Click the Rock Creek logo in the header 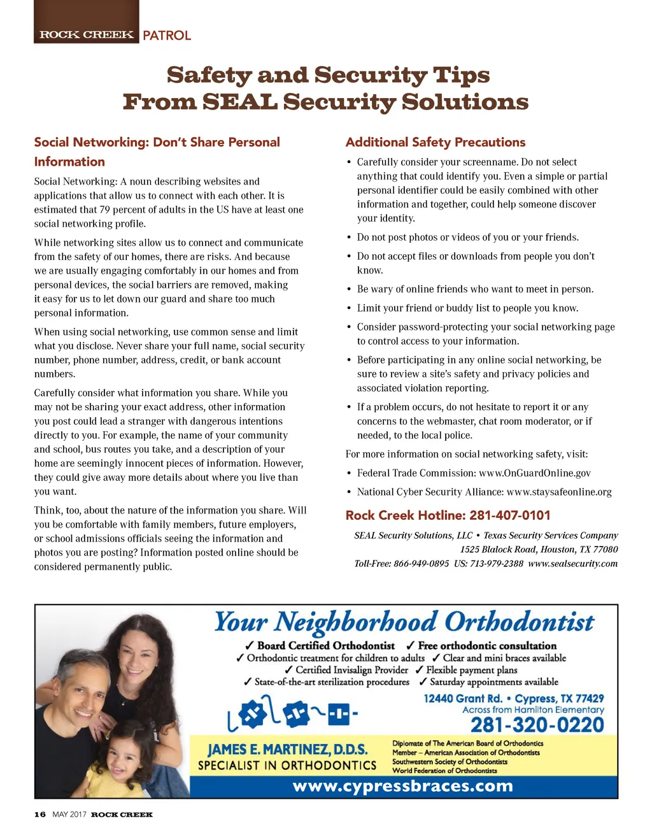(87, 34)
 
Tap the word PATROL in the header (167, 36)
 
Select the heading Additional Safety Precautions (436, 142)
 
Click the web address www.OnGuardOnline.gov (534, 473)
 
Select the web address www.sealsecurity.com (572, 563)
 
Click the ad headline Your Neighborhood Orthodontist (404, 622)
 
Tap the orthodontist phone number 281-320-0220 (537, 725)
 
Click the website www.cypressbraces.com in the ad (402, 785)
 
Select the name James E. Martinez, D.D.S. (288, 749)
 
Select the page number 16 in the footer (40, 814)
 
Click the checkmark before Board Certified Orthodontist (250, 646)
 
